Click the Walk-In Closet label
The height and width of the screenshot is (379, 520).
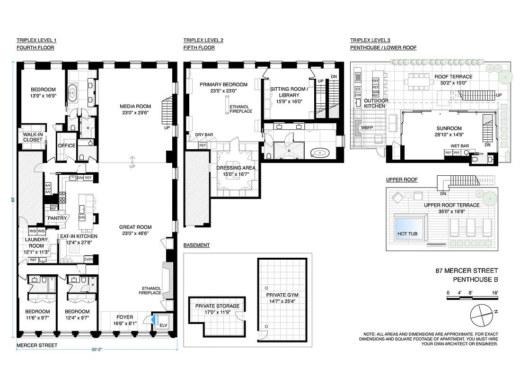point(32,137)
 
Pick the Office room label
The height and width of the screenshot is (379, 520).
point(66,145)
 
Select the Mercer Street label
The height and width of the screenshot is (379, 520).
point(37,345)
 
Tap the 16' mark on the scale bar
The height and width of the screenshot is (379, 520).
point(495,293)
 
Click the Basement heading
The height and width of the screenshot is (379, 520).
point(196,245)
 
